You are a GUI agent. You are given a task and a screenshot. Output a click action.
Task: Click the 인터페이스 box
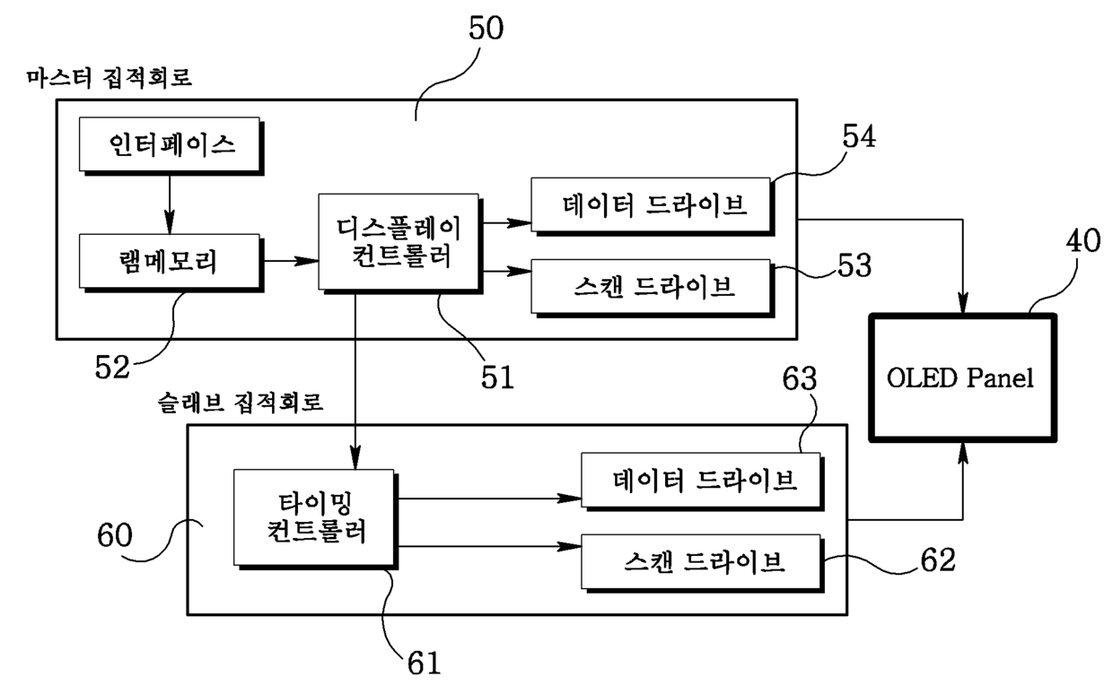coord(171,146)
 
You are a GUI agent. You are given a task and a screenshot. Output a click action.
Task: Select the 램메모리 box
coord(171,263)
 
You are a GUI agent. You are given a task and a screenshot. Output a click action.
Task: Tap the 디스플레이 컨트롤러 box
coord(400,243)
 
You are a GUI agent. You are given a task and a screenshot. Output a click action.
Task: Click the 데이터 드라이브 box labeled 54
coord(653,206)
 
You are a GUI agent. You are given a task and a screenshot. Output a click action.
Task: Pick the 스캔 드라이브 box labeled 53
coord(653,288)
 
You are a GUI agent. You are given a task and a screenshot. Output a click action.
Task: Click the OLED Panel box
coord(962,377)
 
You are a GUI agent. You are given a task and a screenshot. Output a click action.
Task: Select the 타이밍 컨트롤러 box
coord(316,519)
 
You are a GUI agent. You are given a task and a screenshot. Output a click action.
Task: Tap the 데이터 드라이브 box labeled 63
coord(703,481)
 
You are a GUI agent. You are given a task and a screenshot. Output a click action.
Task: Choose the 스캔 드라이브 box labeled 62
coord(703,563)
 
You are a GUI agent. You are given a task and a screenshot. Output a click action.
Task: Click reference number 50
coord(486,29)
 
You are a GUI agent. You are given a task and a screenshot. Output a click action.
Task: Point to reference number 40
coord(1083,241)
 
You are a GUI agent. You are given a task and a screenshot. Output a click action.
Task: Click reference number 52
coord(112,368)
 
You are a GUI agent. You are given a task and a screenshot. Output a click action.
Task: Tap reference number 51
coord(497,377)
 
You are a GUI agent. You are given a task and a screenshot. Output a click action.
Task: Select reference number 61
coord(425,664)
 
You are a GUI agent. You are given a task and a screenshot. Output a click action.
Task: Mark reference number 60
coord(115,535)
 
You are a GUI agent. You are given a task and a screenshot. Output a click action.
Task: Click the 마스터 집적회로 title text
coord(110,78)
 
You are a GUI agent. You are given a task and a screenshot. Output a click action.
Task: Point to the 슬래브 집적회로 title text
coord(241,403)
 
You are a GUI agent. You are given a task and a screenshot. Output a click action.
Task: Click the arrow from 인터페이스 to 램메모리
coord(170,205)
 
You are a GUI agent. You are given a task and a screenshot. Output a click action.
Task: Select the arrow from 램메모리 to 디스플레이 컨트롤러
coord(291,261)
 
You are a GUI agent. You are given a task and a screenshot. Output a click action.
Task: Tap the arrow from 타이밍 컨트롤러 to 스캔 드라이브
coord(490,547)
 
